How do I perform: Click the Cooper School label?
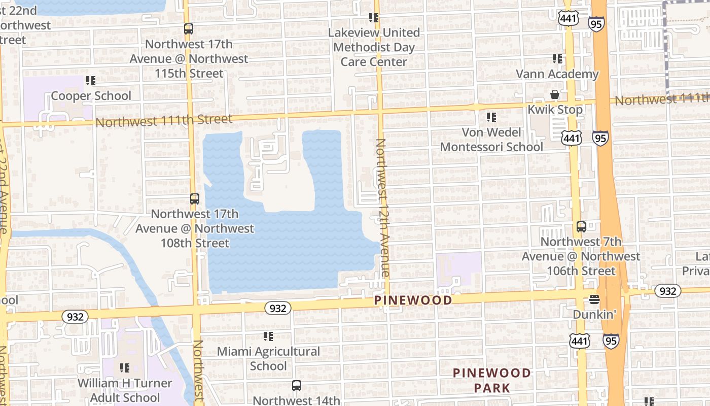coord(91,96)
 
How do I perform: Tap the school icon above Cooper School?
coord(91,80)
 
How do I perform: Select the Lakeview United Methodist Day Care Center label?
coord(374,47)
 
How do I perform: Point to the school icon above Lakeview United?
coord(374,18)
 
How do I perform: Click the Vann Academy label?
coord(557,74)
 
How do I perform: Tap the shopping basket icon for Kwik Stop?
coord(555,95)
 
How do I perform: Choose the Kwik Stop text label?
coord(555,110)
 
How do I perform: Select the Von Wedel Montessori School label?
coord(491,140)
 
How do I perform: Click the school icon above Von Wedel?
coord(491,117)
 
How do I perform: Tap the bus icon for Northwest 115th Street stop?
coord(189,29)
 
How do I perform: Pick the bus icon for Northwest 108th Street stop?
coord(195,199)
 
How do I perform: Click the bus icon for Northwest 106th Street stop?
coord(581,227)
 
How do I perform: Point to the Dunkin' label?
coord(594,315)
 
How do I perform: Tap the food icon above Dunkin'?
coord(594,300)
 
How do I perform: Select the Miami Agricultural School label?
coord(268,358)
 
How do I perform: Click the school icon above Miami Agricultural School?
coord(268,336)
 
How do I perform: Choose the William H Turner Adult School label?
coord(125,390)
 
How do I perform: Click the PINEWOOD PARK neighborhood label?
coord(491,380)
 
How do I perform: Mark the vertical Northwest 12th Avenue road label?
coord(382,208)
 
